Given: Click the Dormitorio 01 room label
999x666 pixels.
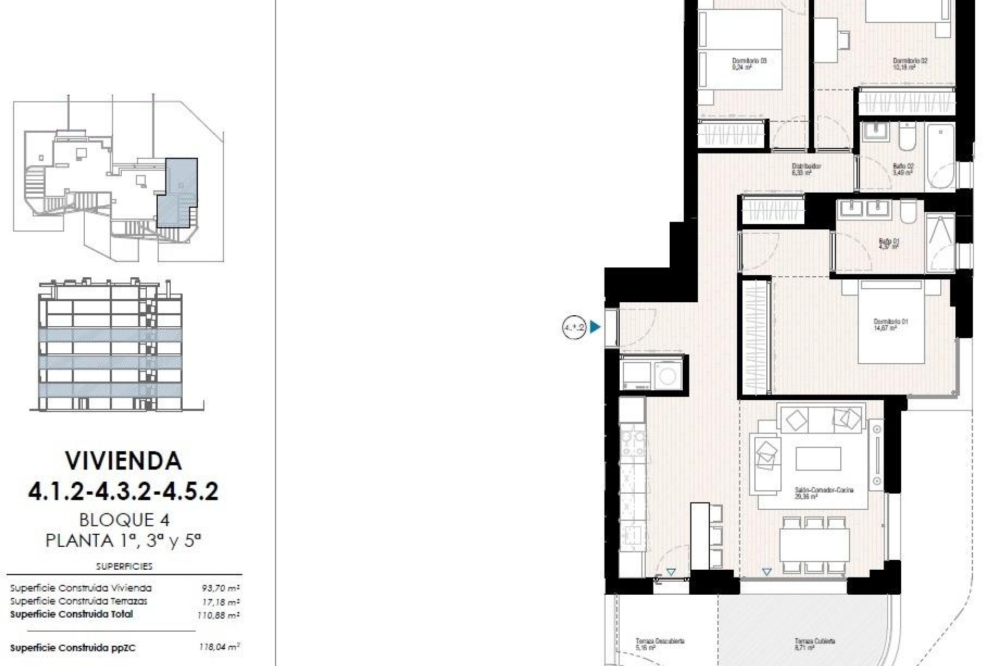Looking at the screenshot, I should tap(890, 325).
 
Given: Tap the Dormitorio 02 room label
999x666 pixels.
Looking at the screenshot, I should tap(910, 63).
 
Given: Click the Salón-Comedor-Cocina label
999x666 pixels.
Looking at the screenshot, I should tap(824, 493).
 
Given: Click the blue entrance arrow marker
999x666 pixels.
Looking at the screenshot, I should tap(595, 327).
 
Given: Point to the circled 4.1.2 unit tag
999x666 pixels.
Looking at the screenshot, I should tap(574, 327).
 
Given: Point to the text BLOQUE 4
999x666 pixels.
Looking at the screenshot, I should tap(124, 519).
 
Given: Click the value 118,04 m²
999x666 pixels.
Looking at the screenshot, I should tap(219, 648).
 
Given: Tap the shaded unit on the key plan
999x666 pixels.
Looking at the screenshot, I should tap(178, 191).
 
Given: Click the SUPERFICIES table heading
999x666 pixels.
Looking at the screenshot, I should tap(124, 566).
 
